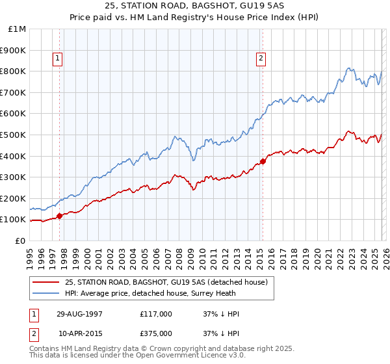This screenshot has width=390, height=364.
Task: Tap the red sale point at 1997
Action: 59,216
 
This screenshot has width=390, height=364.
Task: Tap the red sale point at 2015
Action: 263,161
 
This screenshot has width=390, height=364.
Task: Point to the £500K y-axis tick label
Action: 13,135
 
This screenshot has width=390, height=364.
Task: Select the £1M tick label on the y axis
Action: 17,29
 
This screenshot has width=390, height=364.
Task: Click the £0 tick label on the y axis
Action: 21,240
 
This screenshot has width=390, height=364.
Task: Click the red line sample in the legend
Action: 46,282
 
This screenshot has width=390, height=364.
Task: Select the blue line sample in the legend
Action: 46,293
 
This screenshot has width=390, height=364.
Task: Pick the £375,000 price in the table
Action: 156,333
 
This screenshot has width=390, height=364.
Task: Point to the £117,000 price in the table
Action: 156,314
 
